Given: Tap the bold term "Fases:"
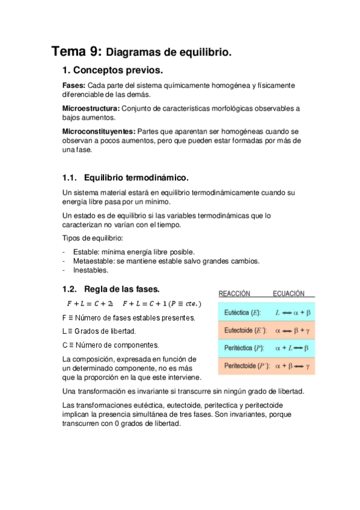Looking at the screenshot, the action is (x=74, y=85).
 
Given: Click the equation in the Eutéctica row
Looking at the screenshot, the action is (x=293, y=313).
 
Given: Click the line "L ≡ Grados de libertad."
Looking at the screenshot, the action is (x=99, y=331).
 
